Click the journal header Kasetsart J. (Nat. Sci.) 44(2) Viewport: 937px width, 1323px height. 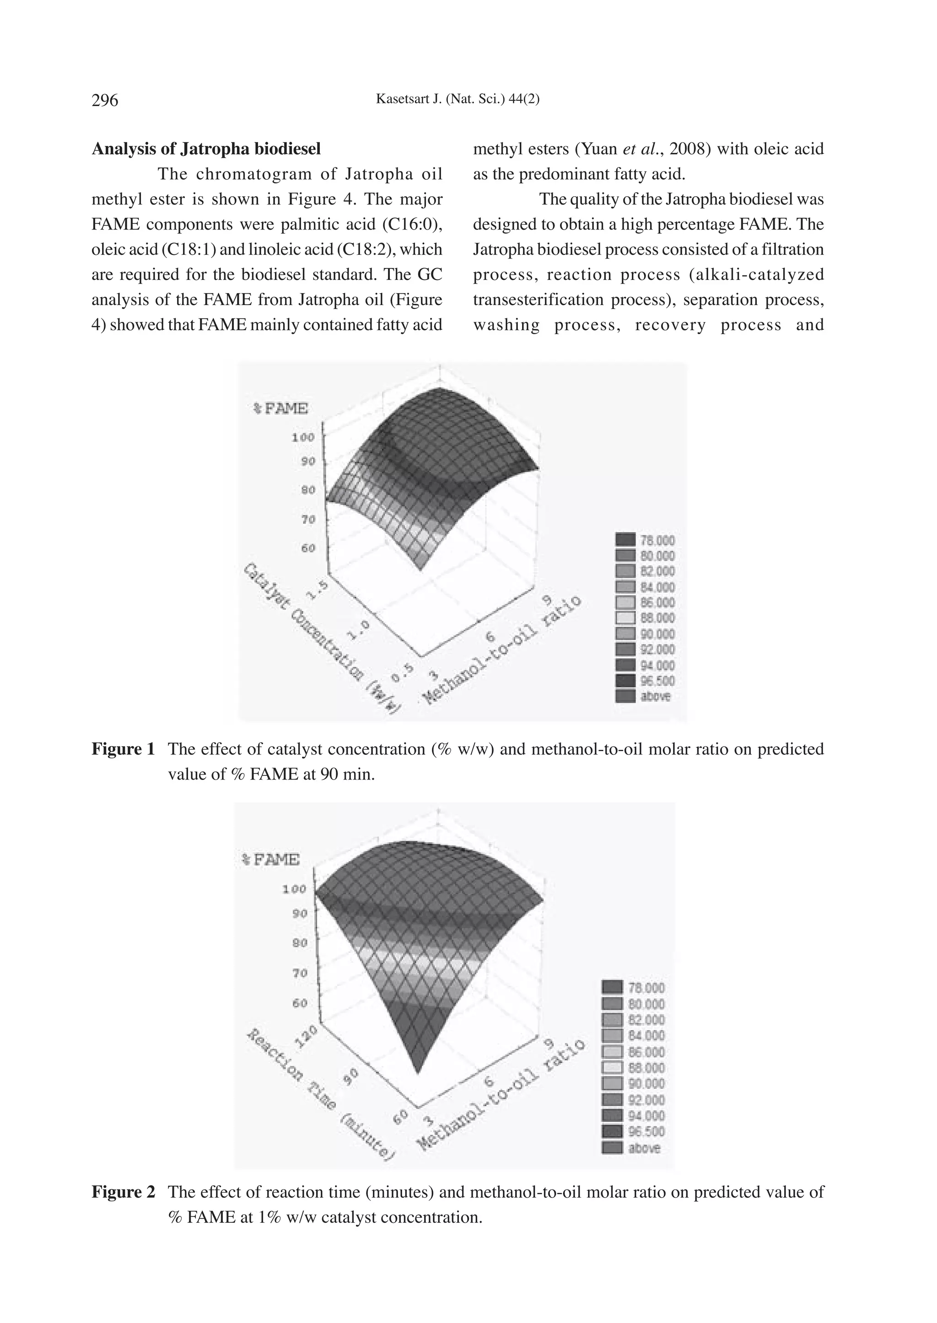point(458,99)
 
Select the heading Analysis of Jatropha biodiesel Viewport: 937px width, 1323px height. point(206,149)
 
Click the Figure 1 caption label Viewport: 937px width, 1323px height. point(123,749)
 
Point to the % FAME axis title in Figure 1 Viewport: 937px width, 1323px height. point(281,409)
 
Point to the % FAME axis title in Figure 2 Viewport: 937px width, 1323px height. point(269,860)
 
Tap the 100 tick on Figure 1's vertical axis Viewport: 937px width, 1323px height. point(303,437)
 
